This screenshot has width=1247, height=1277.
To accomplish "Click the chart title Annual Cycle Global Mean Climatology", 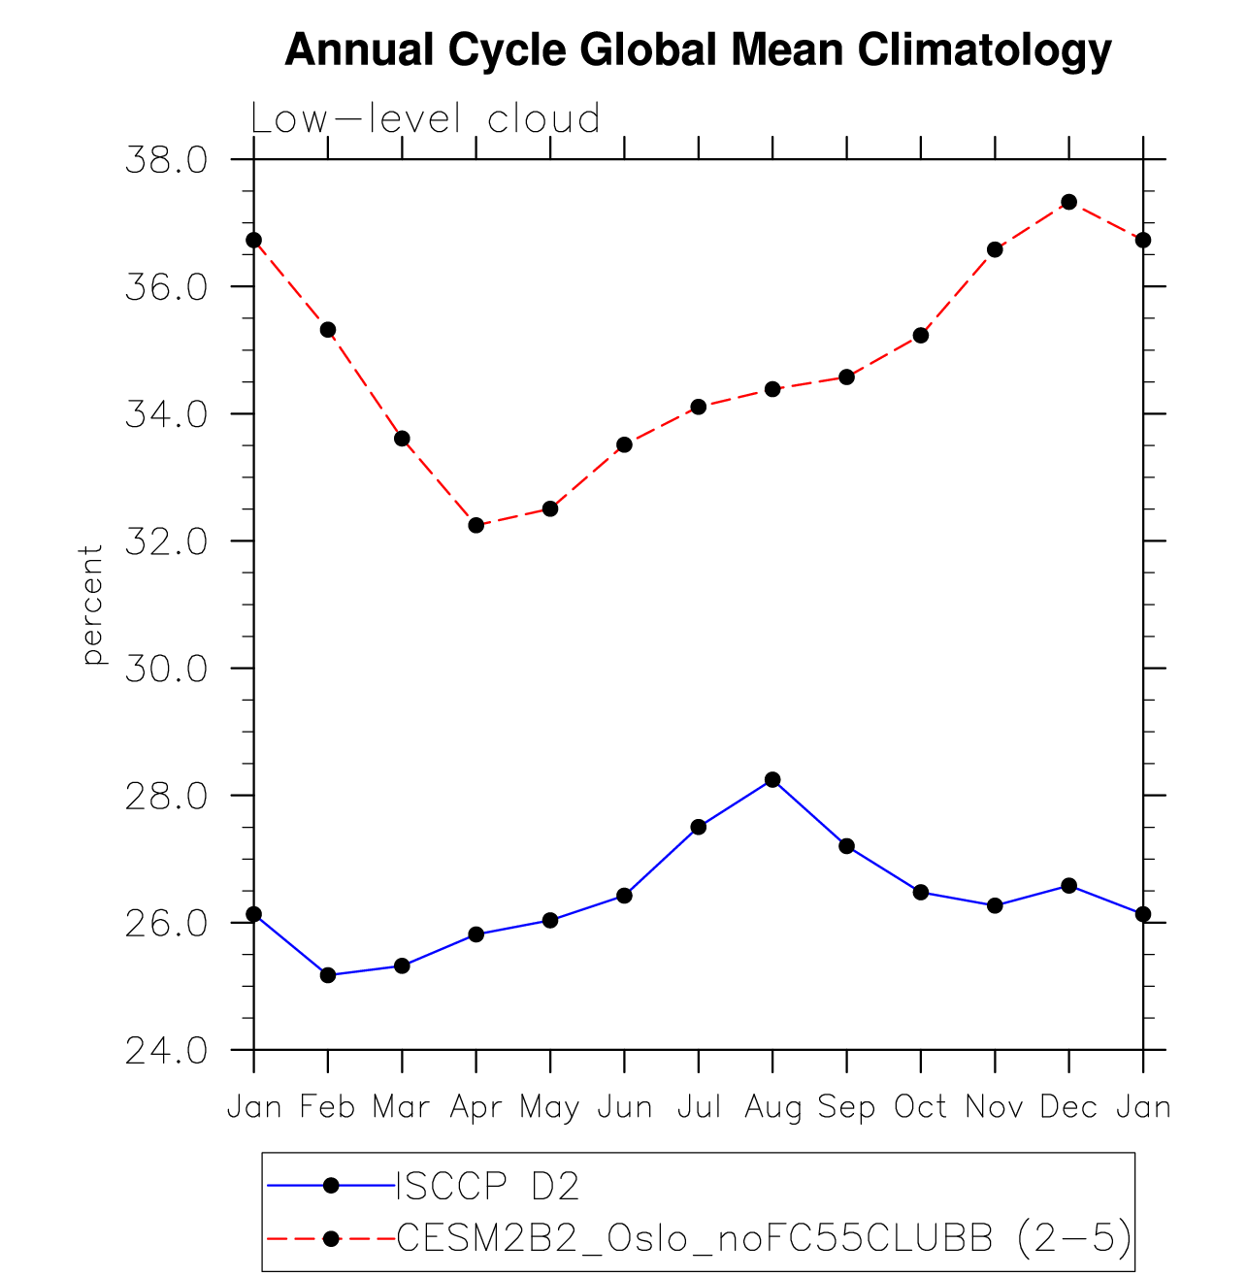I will pyautogui.click(x=698, y=49).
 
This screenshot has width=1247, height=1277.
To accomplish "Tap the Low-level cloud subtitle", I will pyautogui.click(x=426, y=119).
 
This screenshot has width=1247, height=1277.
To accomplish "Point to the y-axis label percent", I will pyautogui.click(x=92, y=605).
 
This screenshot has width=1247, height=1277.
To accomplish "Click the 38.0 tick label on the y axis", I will pyautogui.click(x=166, y=160).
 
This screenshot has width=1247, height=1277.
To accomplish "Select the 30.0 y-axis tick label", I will pyautogui.click(x=166, y=670).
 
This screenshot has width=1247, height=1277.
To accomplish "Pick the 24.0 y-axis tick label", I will pyautogui.click(x=166, y=1051).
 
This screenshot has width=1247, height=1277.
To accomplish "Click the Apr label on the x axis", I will pyautogui.click(x=476, y=1107).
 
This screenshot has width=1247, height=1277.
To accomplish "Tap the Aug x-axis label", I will pyautogui.click(x=772, y=1107).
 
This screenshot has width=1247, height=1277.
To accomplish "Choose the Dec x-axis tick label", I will pyautogui.click(x=1068, y=1107).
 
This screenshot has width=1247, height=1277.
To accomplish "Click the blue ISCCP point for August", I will pyautogui.click(x=772, y=779).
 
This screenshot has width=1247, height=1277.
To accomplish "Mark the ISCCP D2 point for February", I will pyautogui.click(x=328, y=975).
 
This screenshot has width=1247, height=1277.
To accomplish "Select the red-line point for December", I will pyautogui.click(x=1068, y=202).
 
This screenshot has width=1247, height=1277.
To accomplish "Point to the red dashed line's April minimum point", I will pyautogui.click(x=476, y=525).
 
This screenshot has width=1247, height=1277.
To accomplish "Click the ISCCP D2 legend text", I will pyautogui.click(x=488, y=1186).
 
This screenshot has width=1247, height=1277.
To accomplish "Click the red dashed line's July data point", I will pyautogui.click(x=699, y=407).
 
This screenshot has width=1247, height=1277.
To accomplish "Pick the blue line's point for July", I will pyautogui.click(x=699, y=827).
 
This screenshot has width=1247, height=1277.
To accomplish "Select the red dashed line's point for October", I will pyautogui.click(x=921, y=336).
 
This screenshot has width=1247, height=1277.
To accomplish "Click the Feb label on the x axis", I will pyautogui.click(x=328, y=1107).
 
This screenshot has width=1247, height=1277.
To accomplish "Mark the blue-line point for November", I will pyautogui.click(x=995, y=905).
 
